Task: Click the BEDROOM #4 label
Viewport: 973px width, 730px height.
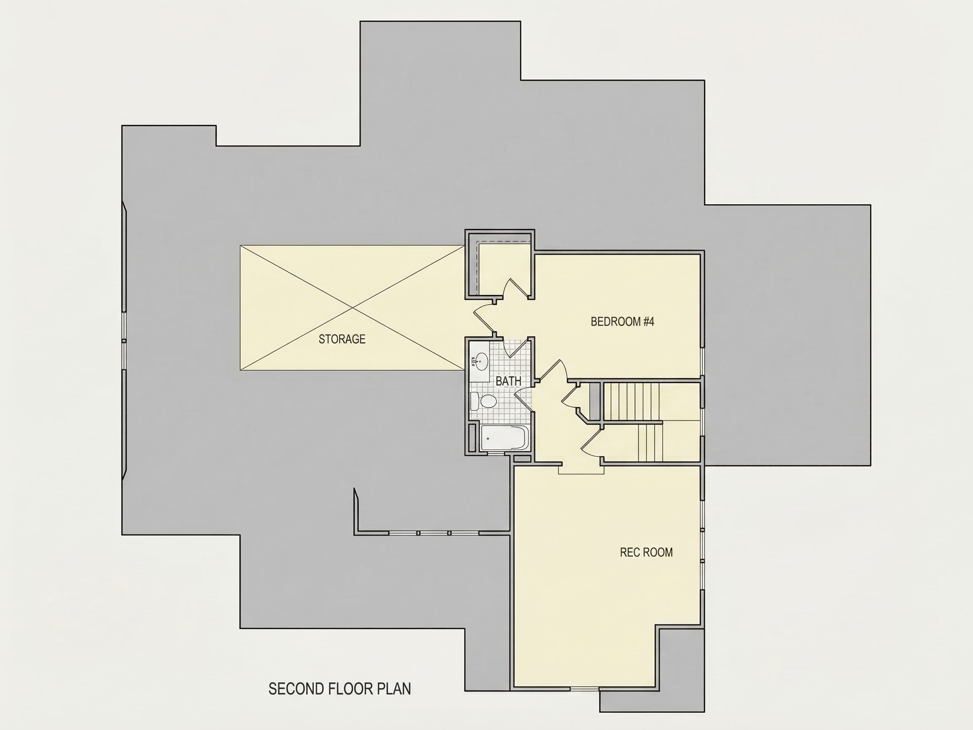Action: tap(622, 321)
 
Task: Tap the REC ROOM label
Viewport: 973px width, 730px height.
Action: tap(646, 552)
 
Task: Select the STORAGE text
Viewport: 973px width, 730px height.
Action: tap(342, 339)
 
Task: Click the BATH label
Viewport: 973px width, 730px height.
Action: tap(508, 381)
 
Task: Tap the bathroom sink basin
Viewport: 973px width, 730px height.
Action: tap(481, 362)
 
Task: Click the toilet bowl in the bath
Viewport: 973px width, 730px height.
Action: tap(488, 401)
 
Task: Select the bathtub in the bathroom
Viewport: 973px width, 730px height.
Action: tap(505, 438)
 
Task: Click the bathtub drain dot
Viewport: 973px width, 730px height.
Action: tap(488, 438)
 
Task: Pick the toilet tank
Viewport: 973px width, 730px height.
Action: tap(475, 401)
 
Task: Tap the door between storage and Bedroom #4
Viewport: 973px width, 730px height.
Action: tap(484, 319)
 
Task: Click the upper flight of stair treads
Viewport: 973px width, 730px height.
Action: tap(631, 402)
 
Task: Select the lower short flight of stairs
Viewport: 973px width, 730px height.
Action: tap(650, 442)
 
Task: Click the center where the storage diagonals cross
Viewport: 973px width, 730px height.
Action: tap(352, 308)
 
